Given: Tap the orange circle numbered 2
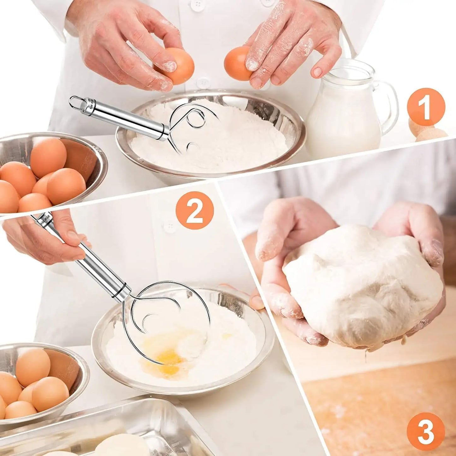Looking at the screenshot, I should click(195, 210).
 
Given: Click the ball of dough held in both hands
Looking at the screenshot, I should click(360, 284).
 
